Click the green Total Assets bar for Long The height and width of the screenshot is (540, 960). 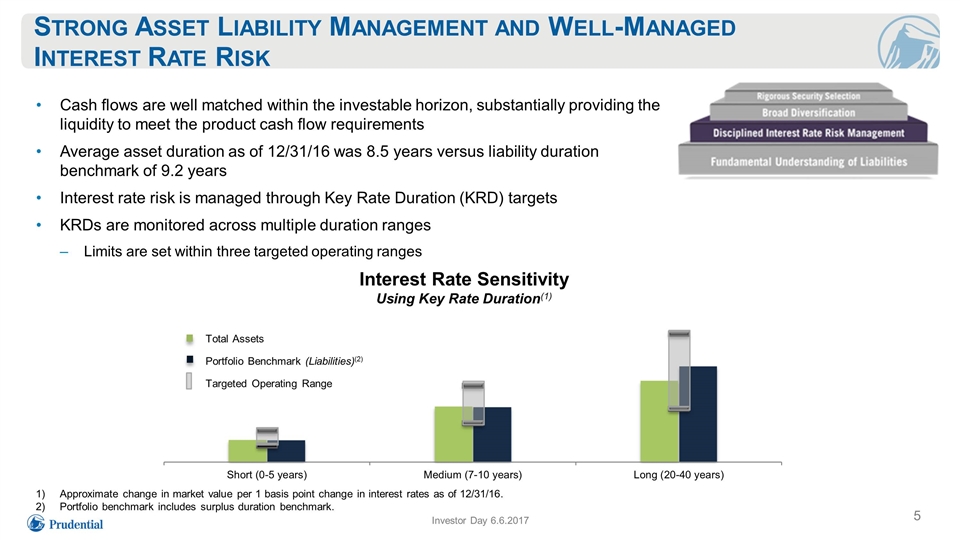(659, 421)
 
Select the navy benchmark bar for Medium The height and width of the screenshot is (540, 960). (492, 435)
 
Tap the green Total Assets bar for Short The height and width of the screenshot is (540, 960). (247, 451)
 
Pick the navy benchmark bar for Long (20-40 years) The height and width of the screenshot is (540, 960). (698, 414)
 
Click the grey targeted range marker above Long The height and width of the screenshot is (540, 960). (679, 370)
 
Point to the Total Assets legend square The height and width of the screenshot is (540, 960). (190, 339)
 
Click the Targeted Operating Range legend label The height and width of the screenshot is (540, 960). (269, 383)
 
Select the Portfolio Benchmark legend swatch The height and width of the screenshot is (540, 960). (190, 360)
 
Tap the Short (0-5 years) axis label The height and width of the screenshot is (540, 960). (267, 474)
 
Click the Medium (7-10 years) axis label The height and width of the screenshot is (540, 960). (473, 474)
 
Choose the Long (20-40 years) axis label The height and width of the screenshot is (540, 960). (678, 474)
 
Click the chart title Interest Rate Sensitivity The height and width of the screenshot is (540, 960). (464, 279)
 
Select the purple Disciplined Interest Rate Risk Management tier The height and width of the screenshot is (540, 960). (808, 132)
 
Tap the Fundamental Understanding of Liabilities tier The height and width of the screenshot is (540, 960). (808, 161)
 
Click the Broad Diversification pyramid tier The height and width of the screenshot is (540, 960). (808, 113)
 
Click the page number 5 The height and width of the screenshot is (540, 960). (917, 516)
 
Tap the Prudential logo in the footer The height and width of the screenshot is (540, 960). (65, 523)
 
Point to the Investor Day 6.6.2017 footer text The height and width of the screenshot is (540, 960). (480, 520)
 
